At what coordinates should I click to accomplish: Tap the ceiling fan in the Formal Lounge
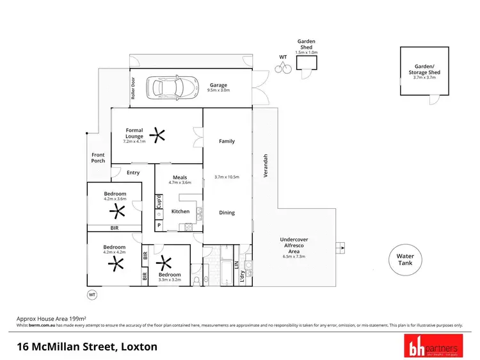pyautogui.click(x=157, y=135)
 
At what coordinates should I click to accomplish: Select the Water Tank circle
pyautogui.click(x=404, y=259)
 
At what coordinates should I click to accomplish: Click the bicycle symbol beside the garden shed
pyautogui.click(x=284, y=66)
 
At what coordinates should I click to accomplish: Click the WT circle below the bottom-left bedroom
pyautogui.click(x=92, y=295)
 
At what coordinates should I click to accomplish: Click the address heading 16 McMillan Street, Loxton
pyautogui.click(x=86, y=347)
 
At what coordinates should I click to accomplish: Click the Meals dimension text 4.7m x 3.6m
pyautogui.click(x=180, y=183)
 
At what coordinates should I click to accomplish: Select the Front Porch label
pyautogui.click(x=98, y=158)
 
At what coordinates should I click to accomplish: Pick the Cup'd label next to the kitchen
pyautogui.click(x=159, y=201)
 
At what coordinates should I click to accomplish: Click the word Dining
pyautogui.click(x=227, y=213)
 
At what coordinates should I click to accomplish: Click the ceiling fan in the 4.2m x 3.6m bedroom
pyautogui.click(x=116, y=212)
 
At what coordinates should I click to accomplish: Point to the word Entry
pyautogui.click(x=133, y=172)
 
